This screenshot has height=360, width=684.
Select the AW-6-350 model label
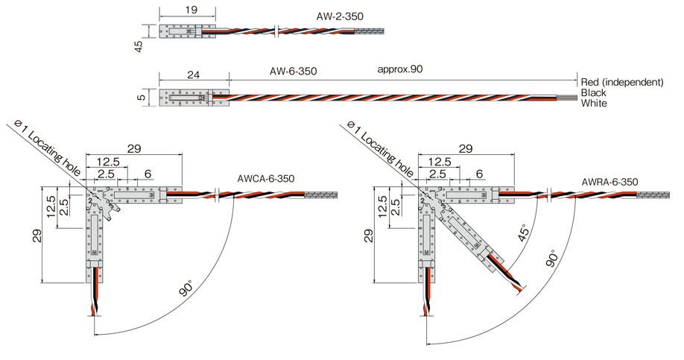tap(294, 71)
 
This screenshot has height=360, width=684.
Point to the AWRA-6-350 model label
tap(609, 181)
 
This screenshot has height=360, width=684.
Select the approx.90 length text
tap(400, 69)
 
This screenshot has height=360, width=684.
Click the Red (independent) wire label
tap(621, 81)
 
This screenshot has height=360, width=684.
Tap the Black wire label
tap(594, 92)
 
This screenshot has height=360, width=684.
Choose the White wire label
tap(594, 103)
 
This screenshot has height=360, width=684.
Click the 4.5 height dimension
tap(139, 46)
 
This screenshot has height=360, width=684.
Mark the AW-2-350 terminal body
tap(178, 32)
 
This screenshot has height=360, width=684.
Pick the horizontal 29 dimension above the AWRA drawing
tap(466, 148)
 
